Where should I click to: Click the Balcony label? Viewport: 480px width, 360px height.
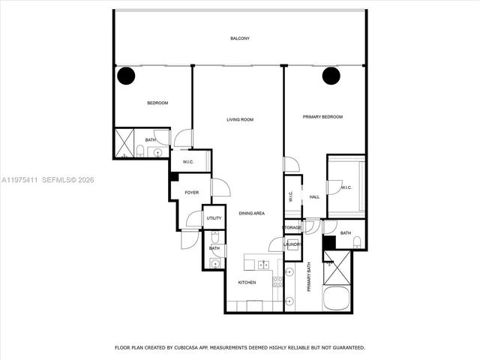pyautogui.click(x=240, y=38)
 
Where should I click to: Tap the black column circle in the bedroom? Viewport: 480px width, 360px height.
pyautogui.click(x=126, y=76)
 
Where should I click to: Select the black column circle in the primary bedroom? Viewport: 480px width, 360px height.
pyautogui.click(x=331, y=76)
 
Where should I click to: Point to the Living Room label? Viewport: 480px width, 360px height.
pyautogui.click(x=240, y=119)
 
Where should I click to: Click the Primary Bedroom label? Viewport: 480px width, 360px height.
pyautogui.click(x=322, y=117)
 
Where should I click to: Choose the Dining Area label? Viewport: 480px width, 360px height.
pyautogui.click(x=252, y=214)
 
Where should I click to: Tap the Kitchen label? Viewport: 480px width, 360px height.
pyautogui.click(x=247, y=282)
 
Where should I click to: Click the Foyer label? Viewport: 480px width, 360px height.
pyautogui.click(x=192, y=193)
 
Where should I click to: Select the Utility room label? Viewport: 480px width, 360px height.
pyautogui.click(x=214, y=218)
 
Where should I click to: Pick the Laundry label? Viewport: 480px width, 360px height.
pyautogui.click(x=292, y=244)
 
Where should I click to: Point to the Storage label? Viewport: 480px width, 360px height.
pyautogui.click(x=292, y=227)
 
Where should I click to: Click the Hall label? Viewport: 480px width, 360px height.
pyautogui.click(x=314, y=197)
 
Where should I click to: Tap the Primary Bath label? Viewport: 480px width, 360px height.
pyautogui.click(x=309, y=277)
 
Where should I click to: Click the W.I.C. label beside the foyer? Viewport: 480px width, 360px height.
pyautogui.click(x=187, y=162)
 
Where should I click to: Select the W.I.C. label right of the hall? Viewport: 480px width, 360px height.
pyautogui.click(x=346, y=187)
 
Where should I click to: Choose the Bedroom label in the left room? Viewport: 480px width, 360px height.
pyautogui.click(x=157, y=103)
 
